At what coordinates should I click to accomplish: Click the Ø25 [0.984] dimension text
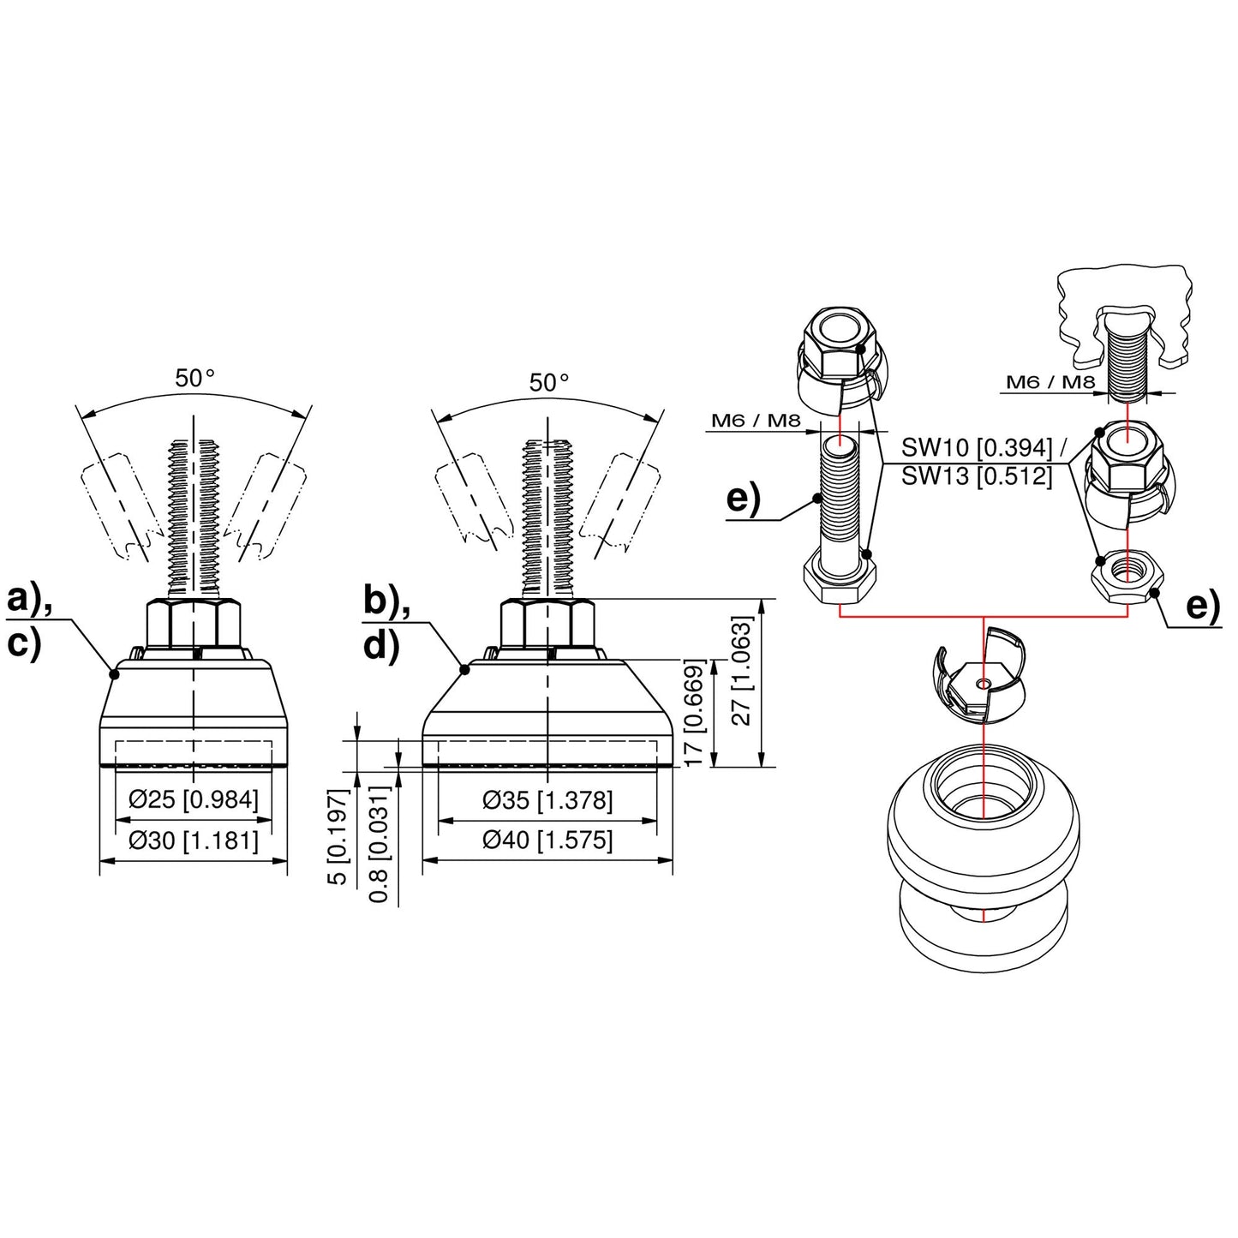(x=194, y=800)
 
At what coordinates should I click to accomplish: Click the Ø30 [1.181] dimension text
(x=194, y=840)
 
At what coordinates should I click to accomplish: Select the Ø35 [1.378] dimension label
(x=547, y=800)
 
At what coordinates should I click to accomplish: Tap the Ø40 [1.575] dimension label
(x=547, y=840)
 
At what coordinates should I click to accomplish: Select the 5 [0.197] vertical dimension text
(x=340, y=838)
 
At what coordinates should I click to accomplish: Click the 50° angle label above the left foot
(x=194, y=378)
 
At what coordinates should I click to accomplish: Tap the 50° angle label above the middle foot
(x=548, y=383)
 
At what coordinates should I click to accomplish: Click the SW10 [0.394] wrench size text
(x=977, y=447)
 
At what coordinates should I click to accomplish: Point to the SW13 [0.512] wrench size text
(x=977, y=475)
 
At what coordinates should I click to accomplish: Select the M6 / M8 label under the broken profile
(x=1050, y=382)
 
